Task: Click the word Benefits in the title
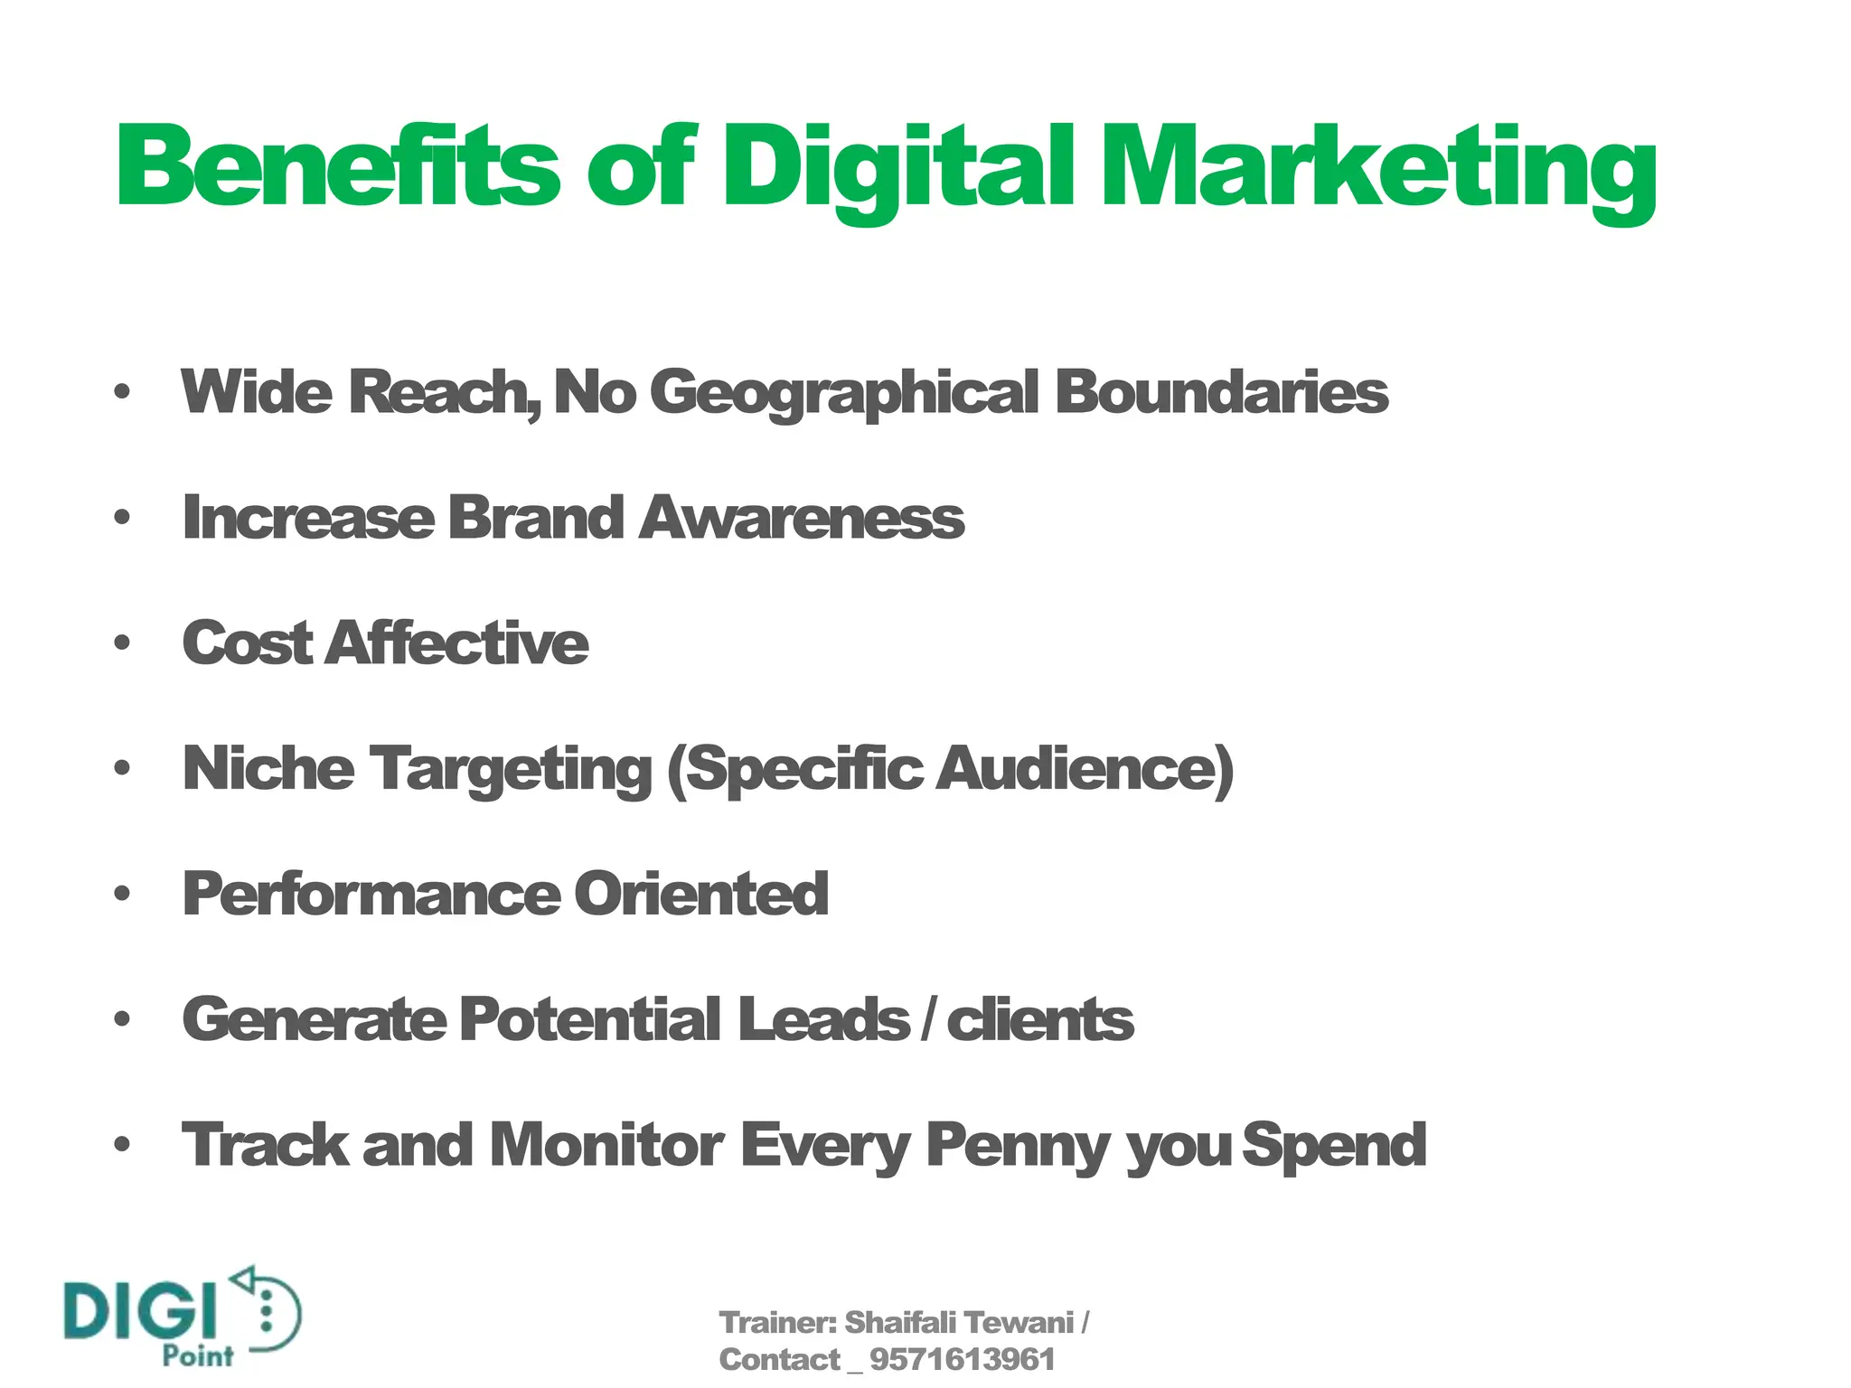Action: pyautogui.click(x=339, y=167)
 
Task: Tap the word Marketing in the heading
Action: pyautogui.click(x=1378, y=172)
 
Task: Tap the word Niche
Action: pyautogui.click(x=268, y=768)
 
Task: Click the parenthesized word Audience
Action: pyautogui.click(x=1080, y=769)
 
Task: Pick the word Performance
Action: pyautogui.click(x=371, y=895)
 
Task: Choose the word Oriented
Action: pyautogui.click(x=701, y=894)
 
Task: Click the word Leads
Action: pyautogui.click(x=823, y=1019)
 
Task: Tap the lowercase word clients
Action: pyautogui.click(x=1039, y=1019)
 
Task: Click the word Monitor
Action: pyautogui.click(x=606, y=1145)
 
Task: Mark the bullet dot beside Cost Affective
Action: pyautogui.click(x=122, y=643)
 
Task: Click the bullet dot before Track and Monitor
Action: pyautogui.click(x=122, y=1145)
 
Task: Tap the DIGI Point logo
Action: pyautogui.click(x=182, y=1317)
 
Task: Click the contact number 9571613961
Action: pyautogui.click(x=962, y=1359)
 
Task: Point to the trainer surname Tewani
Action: pyautogui.click(x=1019, y=1322)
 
